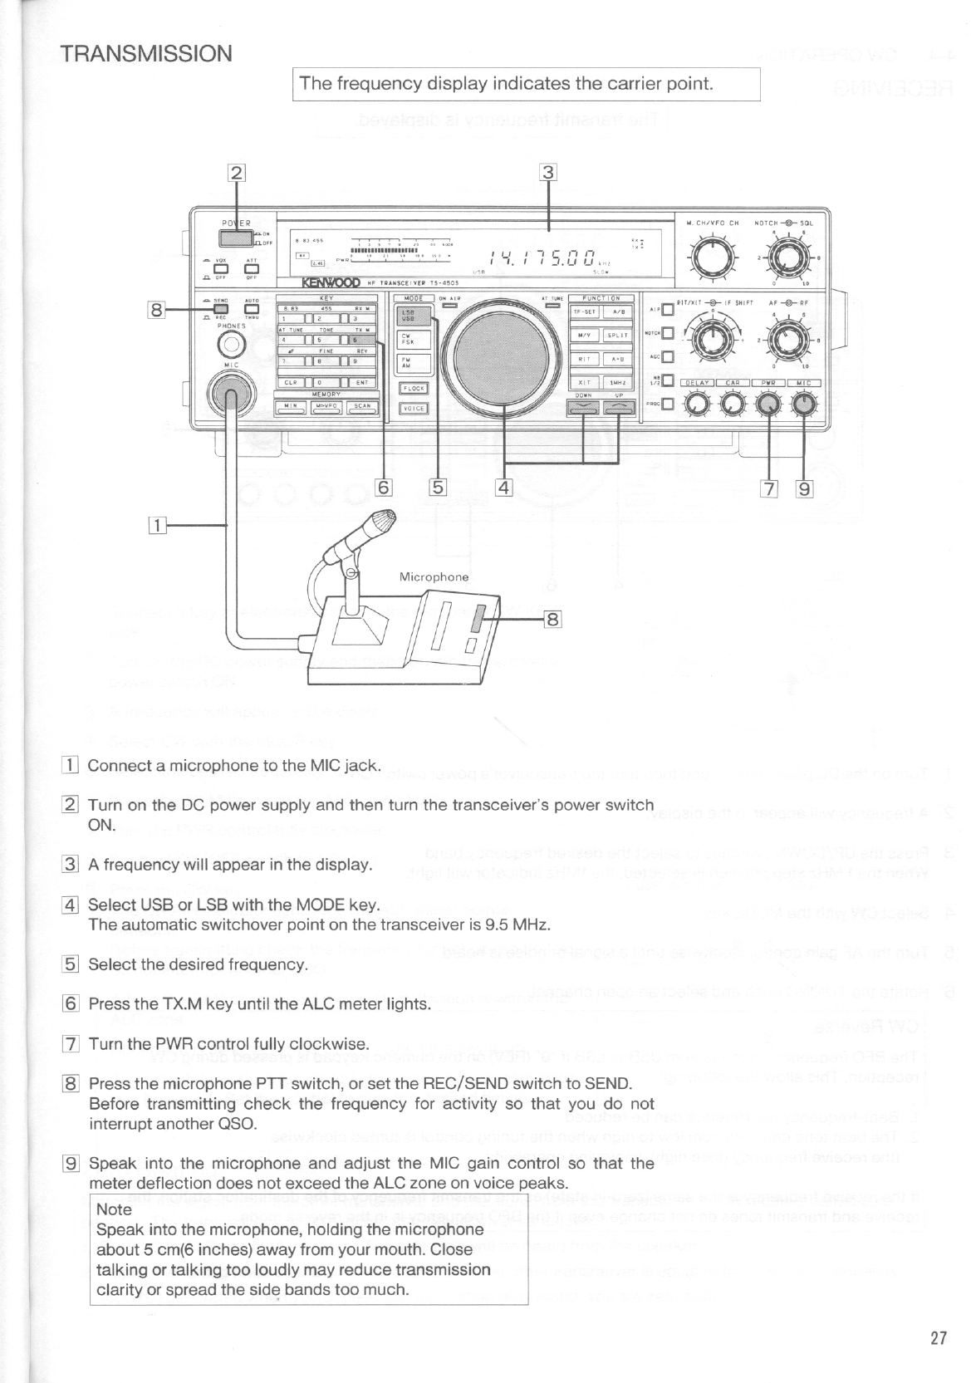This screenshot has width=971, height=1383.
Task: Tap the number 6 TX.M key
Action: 363,340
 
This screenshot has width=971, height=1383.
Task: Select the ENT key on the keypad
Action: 363,383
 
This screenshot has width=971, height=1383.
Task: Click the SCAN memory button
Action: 362,406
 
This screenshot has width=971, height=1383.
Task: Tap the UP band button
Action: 619,406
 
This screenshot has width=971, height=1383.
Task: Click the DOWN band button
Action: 583,406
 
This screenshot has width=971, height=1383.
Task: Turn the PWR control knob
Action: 770,405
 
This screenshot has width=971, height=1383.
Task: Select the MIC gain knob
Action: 803,405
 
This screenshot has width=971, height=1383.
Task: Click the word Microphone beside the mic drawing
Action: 434,576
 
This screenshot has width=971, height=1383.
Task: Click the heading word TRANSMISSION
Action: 146,54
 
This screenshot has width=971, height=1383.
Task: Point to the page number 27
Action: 939,1338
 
